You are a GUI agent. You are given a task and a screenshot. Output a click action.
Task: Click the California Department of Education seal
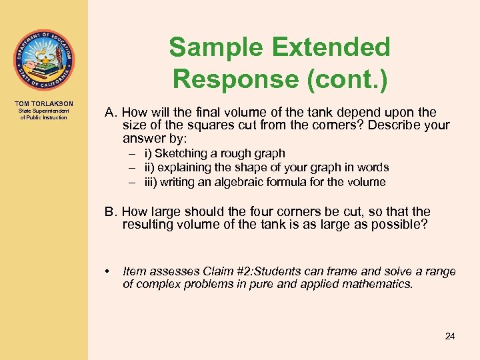pos(43,60)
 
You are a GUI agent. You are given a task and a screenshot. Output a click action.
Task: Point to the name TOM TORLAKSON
pos(43,103)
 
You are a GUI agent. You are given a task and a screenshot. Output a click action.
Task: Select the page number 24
pos(450,336)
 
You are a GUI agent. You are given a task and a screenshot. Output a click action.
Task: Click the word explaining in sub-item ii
pos(185,167)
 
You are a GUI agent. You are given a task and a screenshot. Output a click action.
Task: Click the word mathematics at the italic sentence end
pos(378,284)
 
